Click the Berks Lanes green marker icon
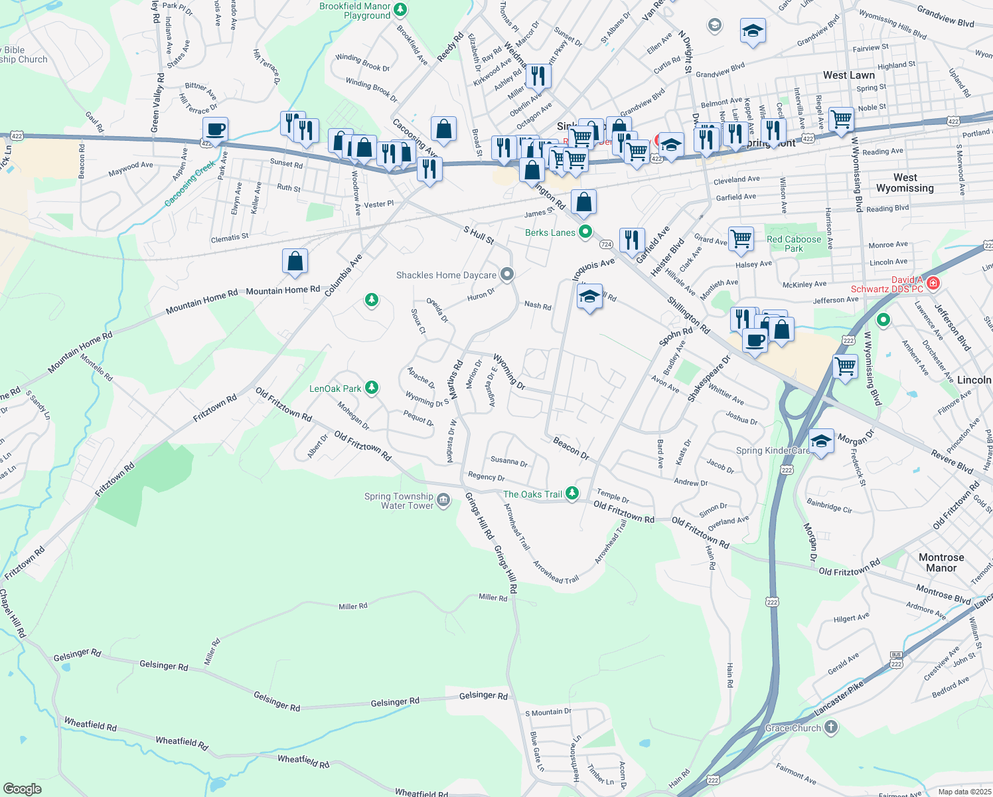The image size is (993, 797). (585, 232)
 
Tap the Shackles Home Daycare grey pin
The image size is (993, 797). (507, 275)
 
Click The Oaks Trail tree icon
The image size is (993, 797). (572, 493)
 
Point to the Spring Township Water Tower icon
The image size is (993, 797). (443, 500)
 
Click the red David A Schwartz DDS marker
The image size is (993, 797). (933, 284)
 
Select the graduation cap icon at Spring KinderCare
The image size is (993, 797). (821, 440)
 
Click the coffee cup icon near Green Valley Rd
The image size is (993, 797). (214, 129)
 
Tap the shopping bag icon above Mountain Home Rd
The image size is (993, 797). (295, 261)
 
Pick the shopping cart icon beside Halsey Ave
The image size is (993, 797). (741, 238)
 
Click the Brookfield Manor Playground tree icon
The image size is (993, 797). (400, 10)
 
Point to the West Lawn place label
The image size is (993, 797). (848, 75)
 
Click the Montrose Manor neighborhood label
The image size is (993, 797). (941, 563)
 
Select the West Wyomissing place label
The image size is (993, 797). (905, 183)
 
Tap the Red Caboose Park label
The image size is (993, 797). (794, 244)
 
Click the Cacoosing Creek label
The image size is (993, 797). (191, 183)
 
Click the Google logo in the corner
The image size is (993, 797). (22, 788)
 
